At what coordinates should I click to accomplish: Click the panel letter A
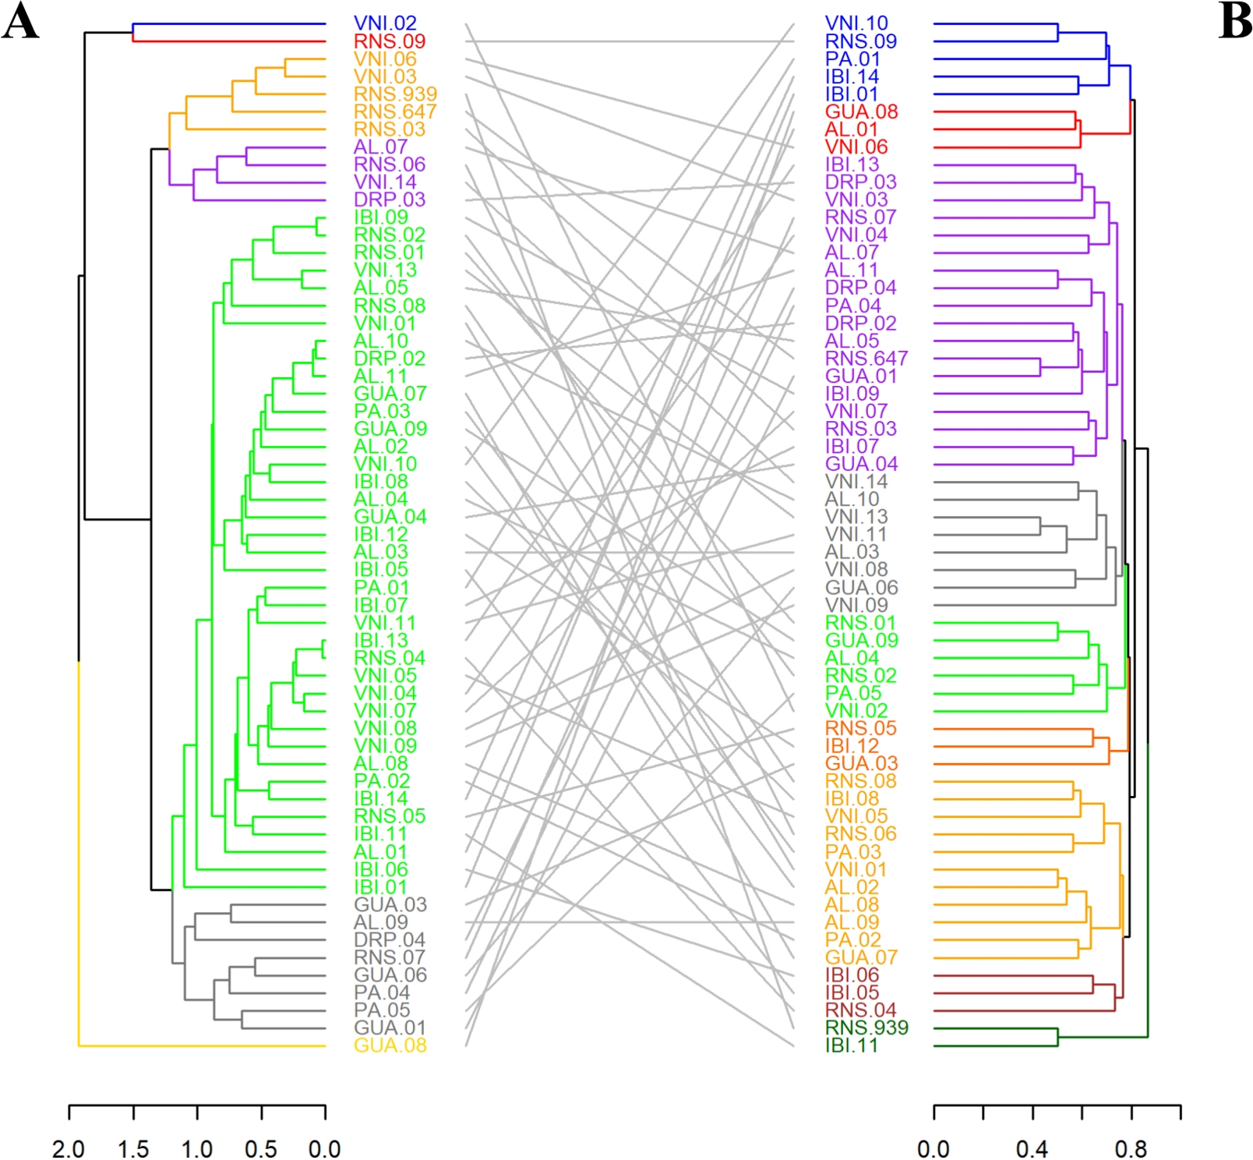[x=20, y=22]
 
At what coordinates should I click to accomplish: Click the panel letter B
[x=1234, y=22]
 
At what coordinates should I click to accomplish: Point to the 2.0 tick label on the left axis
[x=69, y=1148]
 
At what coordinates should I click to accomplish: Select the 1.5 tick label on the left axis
[x=133, y=1148]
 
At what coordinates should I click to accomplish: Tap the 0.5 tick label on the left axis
[x=261, y=1148]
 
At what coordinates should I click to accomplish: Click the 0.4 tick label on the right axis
[x=1032, y=1148]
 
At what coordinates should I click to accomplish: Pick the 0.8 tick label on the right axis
[x=1131, y=1148]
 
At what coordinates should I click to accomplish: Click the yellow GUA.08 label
[x=390, y=1045]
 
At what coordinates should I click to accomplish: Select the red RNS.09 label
[x=390, y=41]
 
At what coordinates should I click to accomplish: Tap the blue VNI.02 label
[x=385, y=23]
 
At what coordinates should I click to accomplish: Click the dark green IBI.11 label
[x=852, y=1045]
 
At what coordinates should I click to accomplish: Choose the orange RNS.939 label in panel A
[x=395, y=94]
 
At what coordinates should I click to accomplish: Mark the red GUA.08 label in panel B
[x=861, y=111]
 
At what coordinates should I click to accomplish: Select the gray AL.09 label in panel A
[x=380, y=922]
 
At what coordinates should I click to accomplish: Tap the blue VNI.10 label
[x=856, y=23]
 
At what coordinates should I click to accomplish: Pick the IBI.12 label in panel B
[x=852, y=746]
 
